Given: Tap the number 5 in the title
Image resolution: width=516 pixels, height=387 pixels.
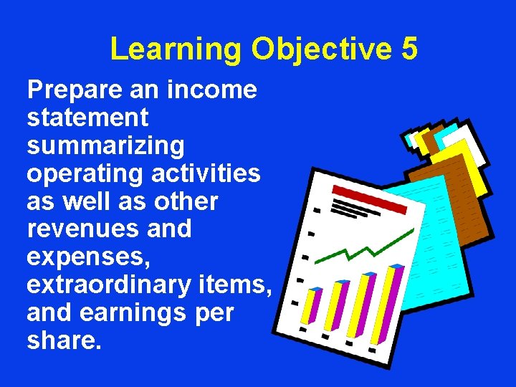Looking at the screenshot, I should tap(409, 49).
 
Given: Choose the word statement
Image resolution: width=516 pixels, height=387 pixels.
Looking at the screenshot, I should tap(87, 118).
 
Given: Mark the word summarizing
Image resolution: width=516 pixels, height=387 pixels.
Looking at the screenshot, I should tap(105, 145).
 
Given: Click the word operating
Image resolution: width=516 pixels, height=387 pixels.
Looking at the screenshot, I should tap(79, 173).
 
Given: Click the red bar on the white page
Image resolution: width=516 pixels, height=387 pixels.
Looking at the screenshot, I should tap(370, 199).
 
